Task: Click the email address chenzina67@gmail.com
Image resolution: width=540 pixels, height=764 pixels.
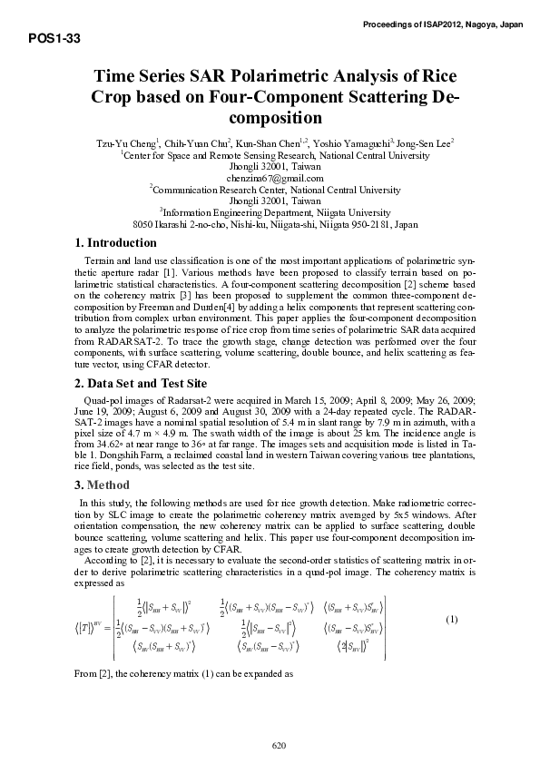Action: tap(270, 179)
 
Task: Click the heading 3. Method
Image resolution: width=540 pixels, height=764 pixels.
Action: tap(101, 483)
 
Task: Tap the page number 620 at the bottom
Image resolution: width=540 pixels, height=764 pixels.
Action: tap(280, 745)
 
